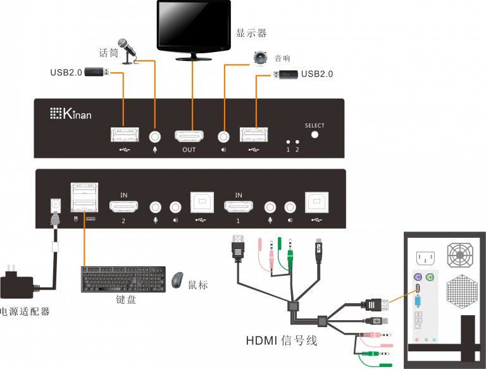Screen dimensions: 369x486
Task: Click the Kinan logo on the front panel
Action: point(70,114)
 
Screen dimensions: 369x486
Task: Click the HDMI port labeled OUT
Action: point(189,136)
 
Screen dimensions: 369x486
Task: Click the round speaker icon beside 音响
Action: point(261,58)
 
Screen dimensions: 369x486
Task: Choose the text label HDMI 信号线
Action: point(281,341)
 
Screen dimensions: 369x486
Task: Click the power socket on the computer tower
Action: point(425,258)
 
